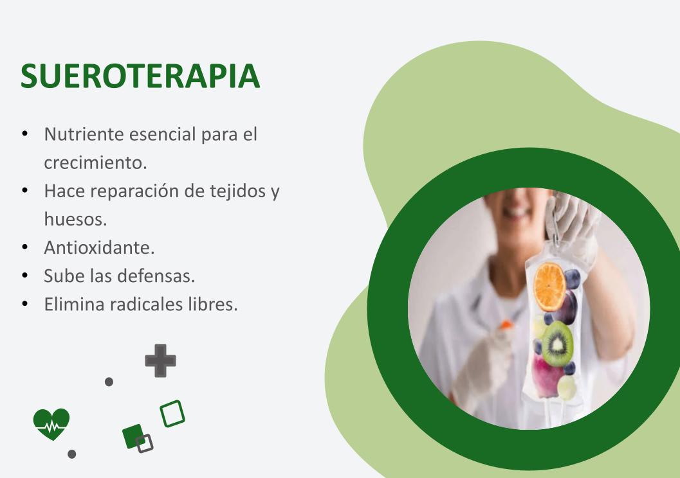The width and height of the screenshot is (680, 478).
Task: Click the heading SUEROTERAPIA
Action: (x=140, y=76)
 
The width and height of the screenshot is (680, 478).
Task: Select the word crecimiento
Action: (x=95, y=163)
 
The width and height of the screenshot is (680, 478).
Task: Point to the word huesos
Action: (x=75, y=219)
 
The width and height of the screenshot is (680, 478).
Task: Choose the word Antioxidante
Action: (x=99, y=247)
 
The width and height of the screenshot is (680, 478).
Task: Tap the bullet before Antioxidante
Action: (x=24, y=247)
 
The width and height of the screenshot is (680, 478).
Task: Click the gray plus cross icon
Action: (x=160, y=360)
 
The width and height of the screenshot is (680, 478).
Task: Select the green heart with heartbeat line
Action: (x=51, y=424)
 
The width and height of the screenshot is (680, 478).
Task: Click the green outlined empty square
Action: (x=172, y=414)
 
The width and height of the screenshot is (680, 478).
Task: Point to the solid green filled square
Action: (x=133, y=436)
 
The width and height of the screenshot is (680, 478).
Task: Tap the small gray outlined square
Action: (x=144, y=444)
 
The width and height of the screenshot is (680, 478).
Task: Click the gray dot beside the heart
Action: (x=72, y=454)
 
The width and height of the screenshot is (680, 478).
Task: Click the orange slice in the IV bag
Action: (x=550, y=287)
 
